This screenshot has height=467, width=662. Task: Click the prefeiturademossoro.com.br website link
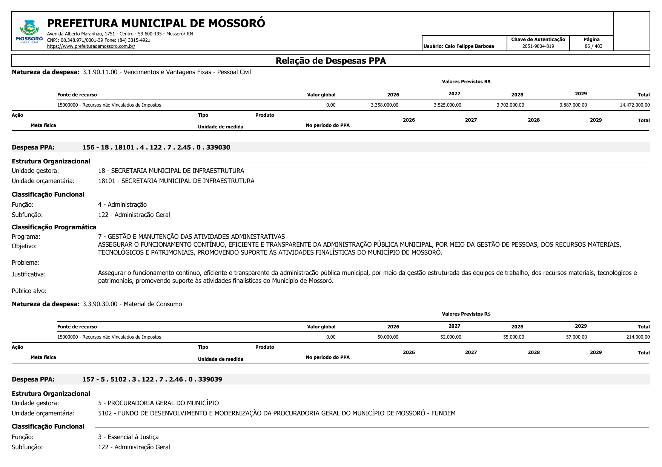(x=91, y=46)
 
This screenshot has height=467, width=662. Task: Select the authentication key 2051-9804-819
(x=538, y=46)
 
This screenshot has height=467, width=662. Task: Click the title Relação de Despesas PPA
(x=330, y=61)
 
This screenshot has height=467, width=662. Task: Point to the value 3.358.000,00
(x=384, y=105)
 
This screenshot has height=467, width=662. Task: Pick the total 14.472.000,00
(x=634, y=105)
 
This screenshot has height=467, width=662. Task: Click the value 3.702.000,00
(x=510, y=105)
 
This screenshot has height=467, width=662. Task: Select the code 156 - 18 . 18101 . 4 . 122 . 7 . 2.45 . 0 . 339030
(x=156, y=147)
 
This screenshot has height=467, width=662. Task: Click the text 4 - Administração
(x=122, y=205)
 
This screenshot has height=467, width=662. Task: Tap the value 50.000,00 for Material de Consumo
(x=388, y=337)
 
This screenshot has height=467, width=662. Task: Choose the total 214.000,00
(x=638, y=337)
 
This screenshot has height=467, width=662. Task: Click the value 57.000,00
(x=576, y=337)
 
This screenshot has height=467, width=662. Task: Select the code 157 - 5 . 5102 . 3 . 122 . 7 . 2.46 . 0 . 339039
(x=152, y=379)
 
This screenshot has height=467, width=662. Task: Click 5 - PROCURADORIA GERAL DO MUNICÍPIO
(x=158, y=403)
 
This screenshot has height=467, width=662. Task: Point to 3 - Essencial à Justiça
(x=128, y=437)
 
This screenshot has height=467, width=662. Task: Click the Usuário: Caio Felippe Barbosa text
(x=459, y=46)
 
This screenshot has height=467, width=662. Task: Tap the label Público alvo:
(x=29, y=291)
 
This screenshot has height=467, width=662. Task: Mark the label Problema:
(x=26, y=262)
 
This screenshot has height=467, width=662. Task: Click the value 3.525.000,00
(x=447, y=105)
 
